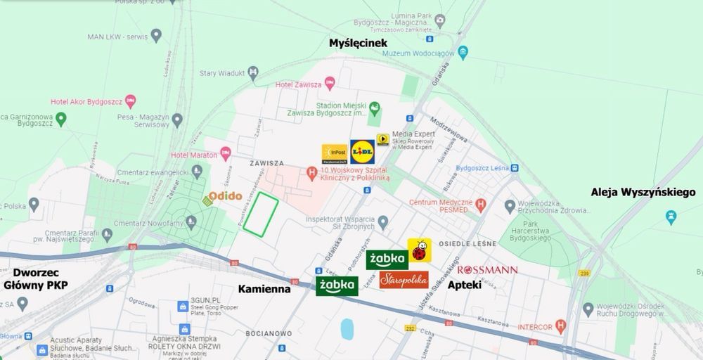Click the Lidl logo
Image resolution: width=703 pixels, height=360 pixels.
[x=362, y=153]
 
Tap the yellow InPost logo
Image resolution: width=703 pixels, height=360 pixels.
[x=335, y=154]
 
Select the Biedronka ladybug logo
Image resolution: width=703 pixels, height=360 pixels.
[x=419, y=250]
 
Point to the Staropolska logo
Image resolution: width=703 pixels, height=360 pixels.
[x=404, y=280]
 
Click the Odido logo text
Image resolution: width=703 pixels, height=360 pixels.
[x=224, y=197]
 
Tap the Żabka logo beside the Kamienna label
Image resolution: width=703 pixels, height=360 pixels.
[x=337, y=285]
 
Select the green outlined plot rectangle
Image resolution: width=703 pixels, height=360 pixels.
[x=261, y=212]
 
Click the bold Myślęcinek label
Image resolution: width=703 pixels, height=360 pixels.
[x=359, y=44]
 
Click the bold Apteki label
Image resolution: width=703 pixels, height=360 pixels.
[x=464, y=286]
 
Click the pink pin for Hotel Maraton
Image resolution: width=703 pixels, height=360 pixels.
[x=225, y=152]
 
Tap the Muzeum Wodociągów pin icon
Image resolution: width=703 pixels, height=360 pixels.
[x=463, y=52]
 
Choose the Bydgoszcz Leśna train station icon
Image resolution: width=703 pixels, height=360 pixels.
[x=516, y=167]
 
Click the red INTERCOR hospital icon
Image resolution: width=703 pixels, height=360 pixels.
[x=560, y=326]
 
